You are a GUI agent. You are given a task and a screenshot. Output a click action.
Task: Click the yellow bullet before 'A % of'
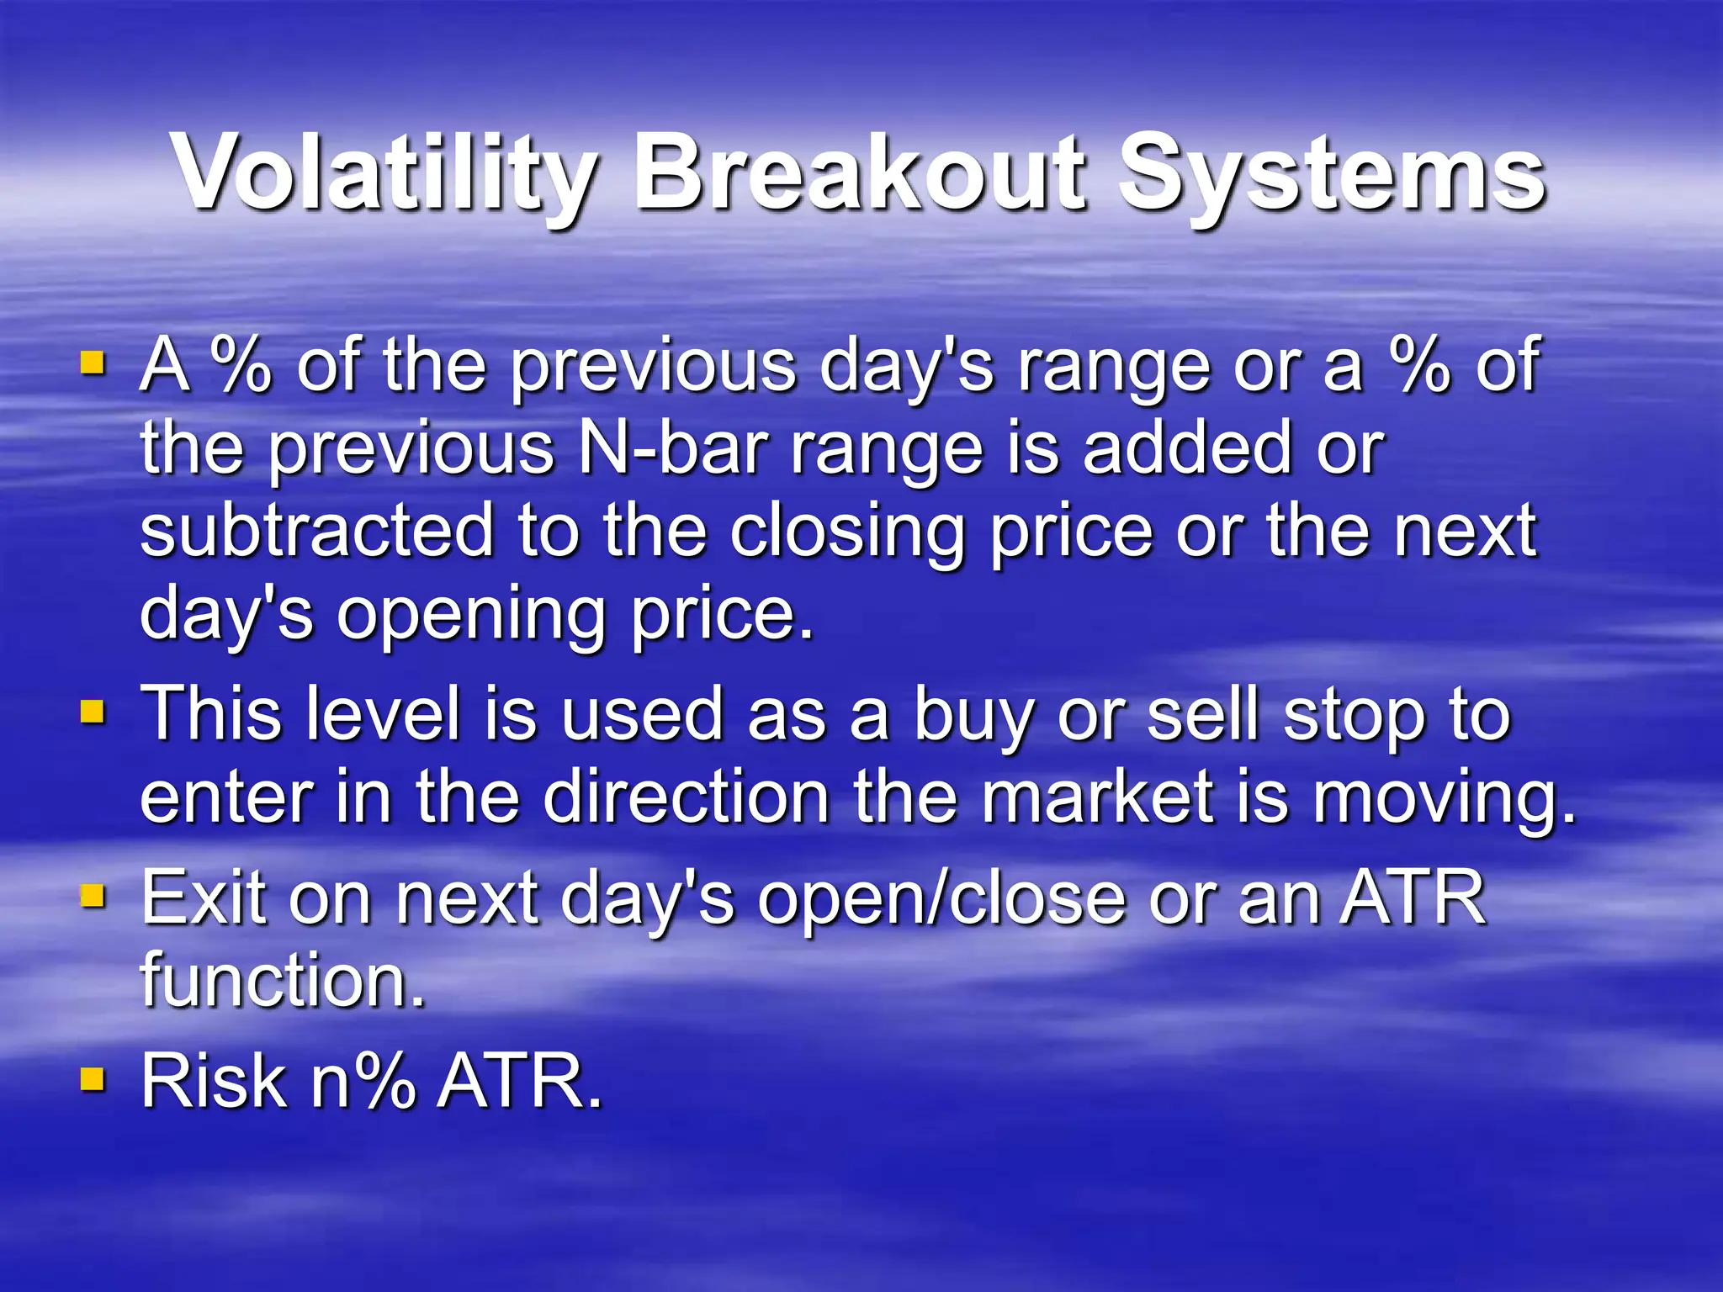93,363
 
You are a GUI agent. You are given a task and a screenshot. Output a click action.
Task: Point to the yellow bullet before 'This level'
93,713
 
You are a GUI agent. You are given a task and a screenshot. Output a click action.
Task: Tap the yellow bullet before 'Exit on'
93,897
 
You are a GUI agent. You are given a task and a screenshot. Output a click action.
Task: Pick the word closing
846,532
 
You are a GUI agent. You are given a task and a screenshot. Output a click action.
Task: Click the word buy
973,715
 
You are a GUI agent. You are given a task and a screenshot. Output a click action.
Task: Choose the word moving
1443,799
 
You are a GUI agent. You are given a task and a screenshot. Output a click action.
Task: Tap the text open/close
941,898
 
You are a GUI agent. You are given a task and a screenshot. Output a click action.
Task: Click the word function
283,979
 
